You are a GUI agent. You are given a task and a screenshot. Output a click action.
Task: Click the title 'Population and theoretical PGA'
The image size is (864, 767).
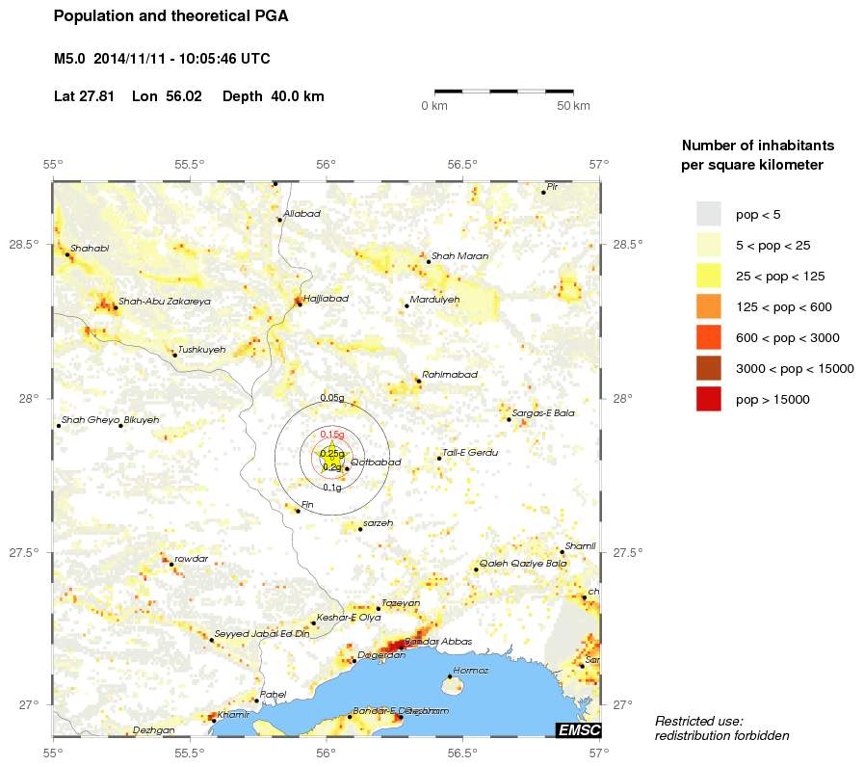(170, 16)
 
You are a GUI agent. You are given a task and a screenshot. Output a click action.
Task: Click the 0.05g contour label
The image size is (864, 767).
(331, 398)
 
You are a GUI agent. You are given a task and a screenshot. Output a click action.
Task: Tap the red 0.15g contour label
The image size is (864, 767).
(331, 435)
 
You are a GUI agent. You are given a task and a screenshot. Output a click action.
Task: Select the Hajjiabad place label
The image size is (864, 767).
(326, 299)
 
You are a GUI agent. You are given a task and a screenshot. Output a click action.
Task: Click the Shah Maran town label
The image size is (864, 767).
(459, 256)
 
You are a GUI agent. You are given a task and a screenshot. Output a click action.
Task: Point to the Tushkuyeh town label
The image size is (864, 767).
(202, 350)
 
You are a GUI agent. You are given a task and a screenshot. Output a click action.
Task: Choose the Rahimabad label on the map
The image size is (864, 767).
(450, 375)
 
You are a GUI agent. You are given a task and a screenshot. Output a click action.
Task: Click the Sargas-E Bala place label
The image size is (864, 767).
(543, 413)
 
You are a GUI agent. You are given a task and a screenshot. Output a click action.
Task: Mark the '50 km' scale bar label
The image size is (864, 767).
(574, 105)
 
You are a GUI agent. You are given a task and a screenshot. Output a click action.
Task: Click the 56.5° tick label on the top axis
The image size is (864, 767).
(462, 164)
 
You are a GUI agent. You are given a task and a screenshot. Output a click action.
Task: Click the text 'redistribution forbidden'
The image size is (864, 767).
(721, 736)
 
